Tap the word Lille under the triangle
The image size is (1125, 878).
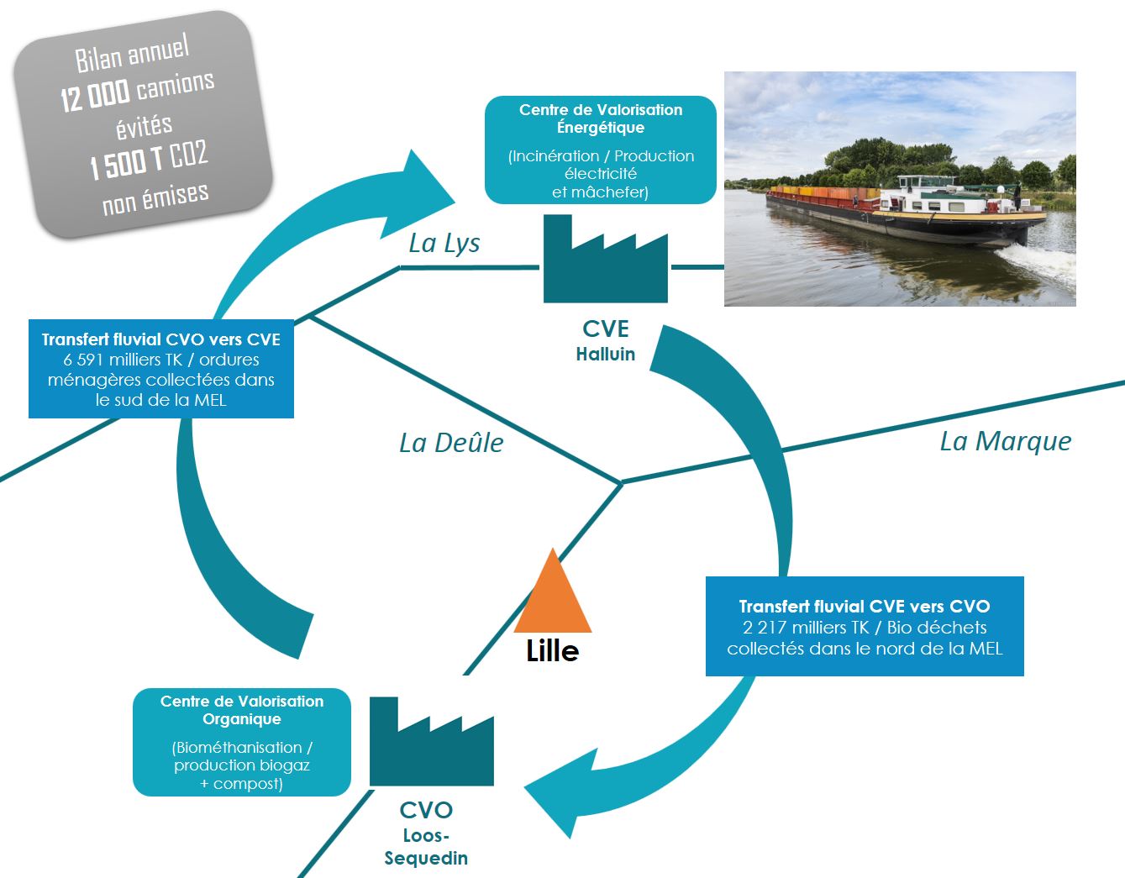(x=552, y=651)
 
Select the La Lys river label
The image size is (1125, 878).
(x=444, y=244)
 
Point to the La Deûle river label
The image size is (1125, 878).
(x=451, y=443)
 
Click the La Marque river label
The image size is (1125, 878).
(x=1005, y=441)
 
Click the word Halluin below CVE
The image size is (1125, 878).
(x=605, y=355)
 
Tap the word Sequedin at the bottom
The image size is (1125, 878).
(x=426, y=858)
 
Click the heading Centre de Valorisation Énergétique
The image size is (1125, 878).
(x=601, y=118)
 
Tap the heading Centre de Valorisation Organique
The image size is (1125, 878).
(x=242, y=710)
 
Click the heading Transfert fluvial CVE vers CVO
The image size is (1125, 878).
(x=864, y=607)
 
